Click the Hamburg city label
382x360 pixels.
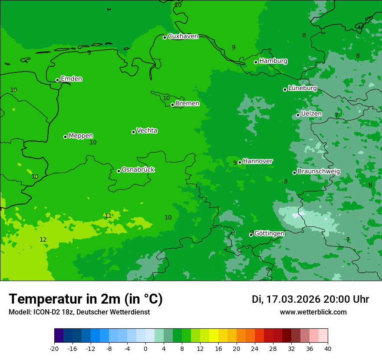(273, 61)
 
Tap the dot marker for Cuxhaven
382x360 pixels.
(165, 37)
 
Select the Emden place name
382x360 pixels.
(71, 79)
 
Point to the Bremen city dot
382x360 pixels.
(172, 105)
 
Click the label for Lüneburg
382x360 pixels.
(302, 88)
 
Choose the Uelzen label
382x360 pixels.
(311, 114)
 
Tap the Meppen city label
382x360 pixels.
(81, 136)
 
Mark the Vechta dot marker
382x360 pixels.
(133, 132)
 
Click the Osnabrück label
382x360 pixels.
(138, 170)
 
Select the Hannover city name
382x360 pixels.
(258, 161)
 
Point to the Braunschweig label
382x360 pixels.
(319, 171)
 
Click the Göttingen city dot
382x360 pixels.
(251, 235)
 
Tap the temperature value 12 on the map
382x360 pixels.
(43, 239)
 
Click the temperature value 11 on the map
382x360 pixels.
(108, 216)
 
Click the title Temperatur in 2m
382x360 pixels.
(86, 299)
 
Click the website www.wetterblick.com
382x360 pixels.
(313, 312)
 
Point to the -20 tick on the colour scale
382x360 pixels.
(54, 348)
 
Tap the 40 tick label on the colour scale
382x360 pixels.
(328, 348)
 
